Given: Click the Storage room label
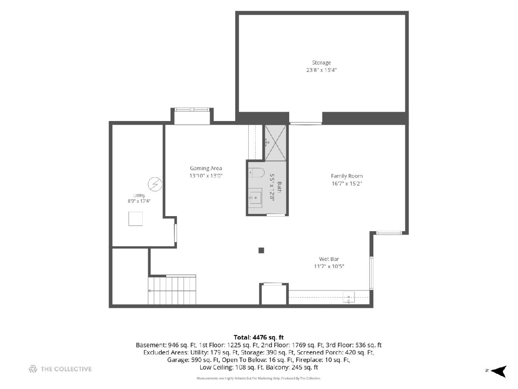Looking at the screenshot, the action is click(x=321, y=63).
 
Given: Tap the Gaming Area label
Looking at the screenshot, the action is click(x=206, y=168).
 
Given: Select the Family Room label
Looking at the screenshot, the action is click(x=347, y=176).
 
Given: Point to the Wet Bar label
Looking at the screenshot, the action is click(x=329, y=259).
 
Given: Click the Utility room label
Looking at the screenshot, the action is click(x=139, y=195).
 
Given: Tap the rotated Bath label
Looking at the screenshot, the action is click(x=279, y=187).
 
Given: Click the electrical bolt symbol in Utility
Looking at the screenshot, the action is click(x=155, y=184).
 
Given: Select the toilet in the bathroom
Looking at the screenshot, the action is click(x=256, y=172).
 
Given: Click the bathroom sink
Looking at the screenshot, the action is click(x=255, y=198).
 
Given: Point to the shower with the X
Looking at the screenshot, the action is click(x=275, y=143).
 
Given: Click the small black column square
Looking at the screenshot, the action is click(x=261, y=250).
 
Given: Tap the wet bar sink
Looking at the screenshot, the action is click(x=348, y=297).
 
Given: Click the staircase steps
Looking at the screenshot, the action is click(x=172, y=290).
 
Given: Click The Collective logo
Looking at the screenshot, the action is click(x=60, y=369).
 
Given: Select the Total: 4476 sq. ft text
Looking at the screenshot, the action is click(x=259, y=337).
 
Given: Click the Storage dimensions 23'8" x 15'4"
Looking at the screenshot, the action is click(x=321, y=70).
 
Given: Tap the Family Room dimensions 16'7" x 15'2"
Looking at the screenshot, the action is click(x=347, y=184).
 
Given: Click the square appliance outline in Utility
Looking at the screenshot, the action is click(x=136, y=219).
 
